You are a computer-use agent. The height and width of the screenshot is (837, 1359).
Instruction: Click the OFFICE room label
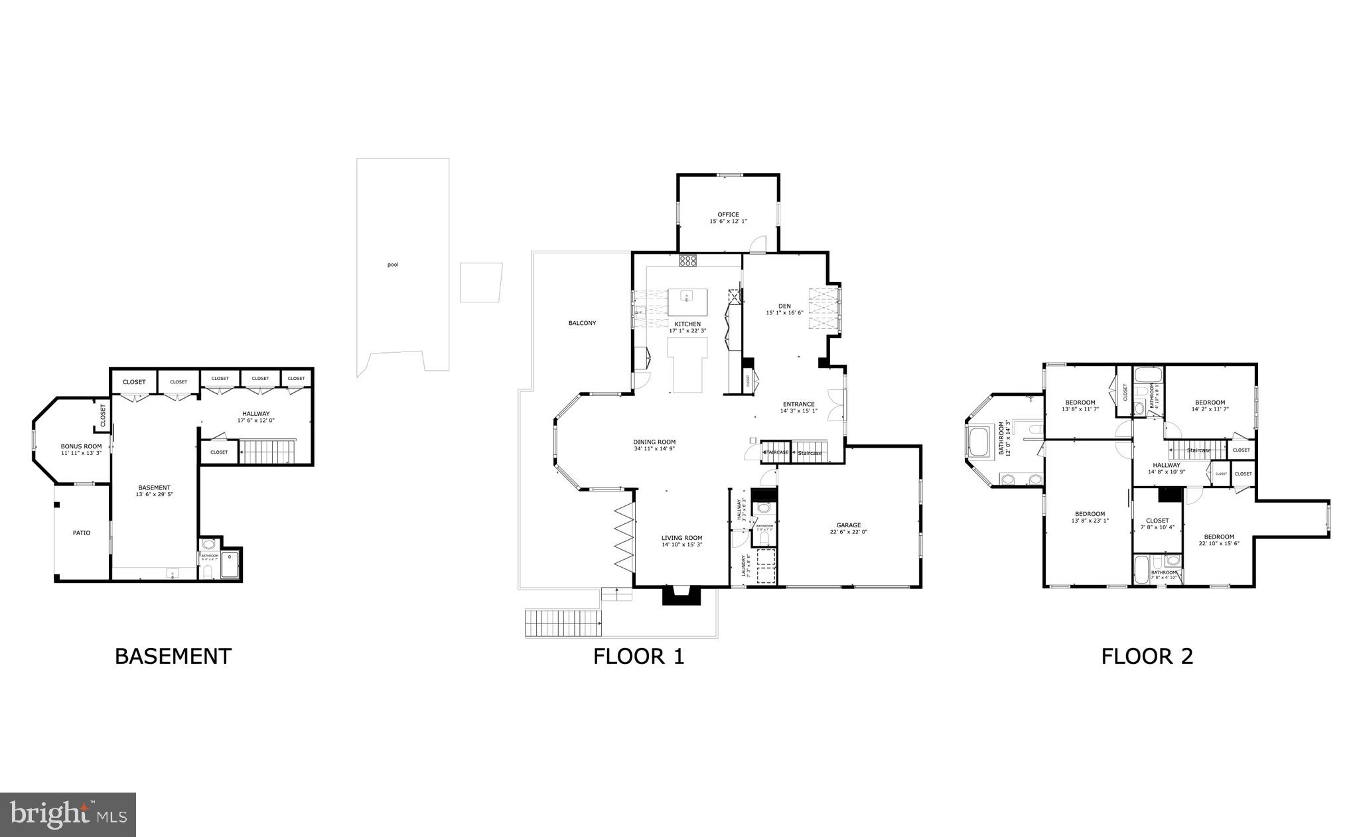point(728,215)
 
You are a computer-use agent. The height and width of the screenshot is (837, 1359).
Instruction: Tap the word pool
point(393,265)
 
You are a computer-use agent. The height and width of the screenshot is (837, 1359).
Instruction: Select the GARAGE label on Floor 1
point(848,525)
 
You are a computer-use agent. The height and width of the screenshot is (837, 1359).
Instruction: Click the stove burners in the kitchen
point(687,261)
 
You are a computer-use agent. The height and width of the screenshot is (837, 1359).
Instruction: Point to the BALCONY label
point(582,324)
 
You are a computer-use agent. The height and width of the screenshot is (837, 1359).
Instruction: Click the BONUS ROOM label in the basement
point(81,446)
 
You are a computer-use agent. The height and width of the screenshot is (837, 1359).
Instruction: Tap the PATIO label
point(82,533)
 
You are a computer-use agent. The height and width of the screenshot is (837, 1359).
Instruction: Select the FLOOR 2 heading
point(1147,657)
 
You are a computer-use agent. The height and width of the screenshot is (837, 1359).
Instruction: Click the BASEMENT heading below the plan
point(173,657)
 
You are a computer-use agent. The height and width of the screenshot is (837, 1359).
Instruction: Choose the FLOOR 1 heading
point(638,657)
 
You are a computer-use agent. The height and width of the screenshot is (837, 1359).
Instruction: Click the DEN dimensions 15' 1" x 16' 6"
point(784,313)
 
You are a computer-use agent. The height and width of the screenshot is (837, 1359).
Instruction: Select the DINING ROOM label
point(654,442)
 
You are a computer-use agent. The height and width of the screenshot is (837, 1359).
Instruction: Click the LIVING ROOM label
point(681,538)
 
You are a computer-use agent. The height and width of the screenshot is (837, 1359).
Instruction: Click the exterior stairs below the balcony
point(563,623)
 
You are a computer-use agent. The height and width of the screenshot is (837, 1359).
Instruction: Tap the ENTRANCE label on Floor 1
point(798,404)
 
